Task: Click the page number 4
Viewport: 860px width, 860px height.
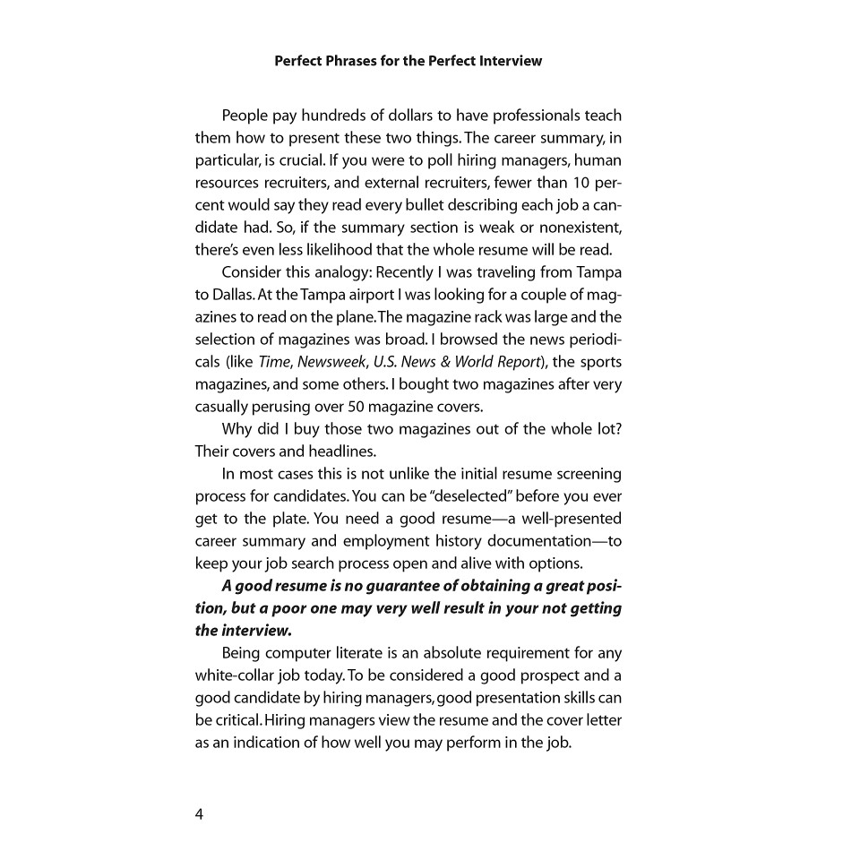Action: (200, 813)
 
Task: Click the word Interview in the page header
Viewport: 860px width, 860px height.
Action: (508, 62)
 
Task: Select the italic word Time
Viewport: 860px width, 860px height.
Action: (273, 362)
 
